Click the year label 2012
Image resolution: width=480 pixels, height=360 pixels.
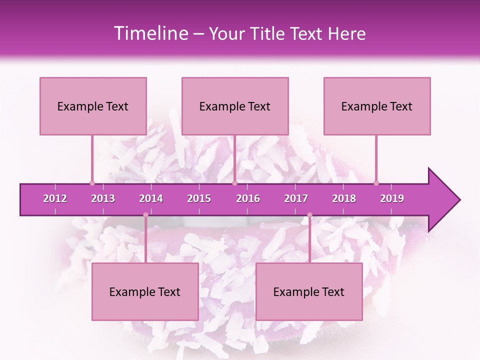(55, 198)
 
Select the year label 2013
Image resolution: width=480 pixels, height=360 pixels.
(103, 198)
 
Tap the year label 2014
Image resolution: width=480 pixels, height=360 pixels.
(151, 198)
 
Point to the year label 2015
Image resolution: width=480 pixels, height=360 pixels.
(199, 198)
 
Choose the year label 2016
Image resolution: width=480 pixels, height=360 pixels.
(248, 198)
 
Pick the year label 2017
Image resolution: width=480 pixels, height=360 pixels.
(296, 198)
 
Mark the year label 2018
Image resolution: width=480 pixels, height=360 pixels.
(344, 198)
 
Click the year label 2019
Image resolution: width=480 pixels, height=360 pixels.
(392, 198)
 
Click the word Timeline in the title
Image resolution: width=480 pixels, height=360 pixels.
(150, 33)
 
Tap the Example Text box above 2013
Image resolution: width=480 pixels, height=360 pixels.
(93, 106)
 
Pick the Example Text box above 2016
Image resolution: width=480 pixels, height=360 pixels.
(235, 106)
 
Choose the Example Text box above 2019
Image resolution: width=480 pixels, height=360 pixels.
(377, 106)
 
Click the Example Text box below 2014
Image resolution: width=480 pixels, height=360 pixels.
(145, 291)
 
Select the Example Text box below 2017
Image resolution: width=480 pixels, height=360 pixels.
(309, 291)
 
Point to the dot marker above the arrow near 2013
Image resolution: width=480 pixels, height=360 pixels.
(92, 183)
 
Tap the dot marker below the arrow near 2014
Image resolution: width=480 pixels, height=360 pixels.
(145, 215)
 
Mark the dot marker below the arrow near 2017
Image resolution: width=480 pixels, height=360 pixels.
(309, 215)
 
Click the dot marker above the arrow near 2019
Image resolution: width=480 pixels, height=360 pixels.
(376, 183)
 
